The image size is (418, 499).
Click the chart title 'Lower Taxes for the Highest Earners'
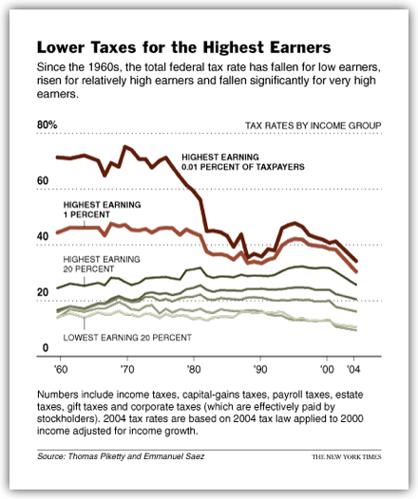coord(184,47)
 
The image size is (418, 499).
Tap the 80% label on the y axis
coord(47,125)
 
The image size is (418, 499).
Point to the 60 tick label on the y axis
coord(43,181)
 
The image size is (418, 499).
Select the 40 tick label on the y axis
coord(43,236)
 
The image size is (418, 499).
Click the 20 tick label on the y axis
coord(43,292)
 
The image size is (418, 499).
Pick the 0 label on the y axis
coord(46,348)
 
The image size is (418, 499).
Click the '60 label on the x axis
coord(61,369)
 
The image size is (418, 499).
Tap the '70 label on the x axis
coord(127,369)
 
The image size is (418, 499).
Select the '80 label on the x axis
coord(194,369)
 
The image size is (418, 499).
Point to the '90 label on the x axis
coord(260,369)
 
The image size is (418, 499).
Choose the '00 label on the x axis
coord(327,369)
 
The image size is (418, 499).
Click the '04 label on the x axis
coord(353,369)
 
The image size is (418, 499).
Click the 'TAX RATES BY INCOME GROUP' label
coord(313,126)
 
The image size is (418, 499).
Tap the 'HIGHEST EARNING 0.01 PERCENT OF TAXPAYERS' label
coord(243,162)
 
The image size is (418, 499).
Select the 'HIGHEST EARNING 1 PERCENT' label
coord(102,210)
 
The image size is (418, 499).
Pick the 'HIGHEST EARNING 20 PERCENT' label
coord(102,264)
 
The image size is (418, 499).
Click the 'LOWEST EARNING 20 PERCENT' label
coord(127,338)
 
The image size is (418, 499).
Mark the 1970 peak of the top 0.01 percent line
coord(124,147)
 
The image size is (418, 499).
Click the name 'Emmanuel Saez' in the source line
coord(174,456)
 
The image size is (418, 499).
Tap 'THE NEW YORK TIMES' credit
coord(347,457)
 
